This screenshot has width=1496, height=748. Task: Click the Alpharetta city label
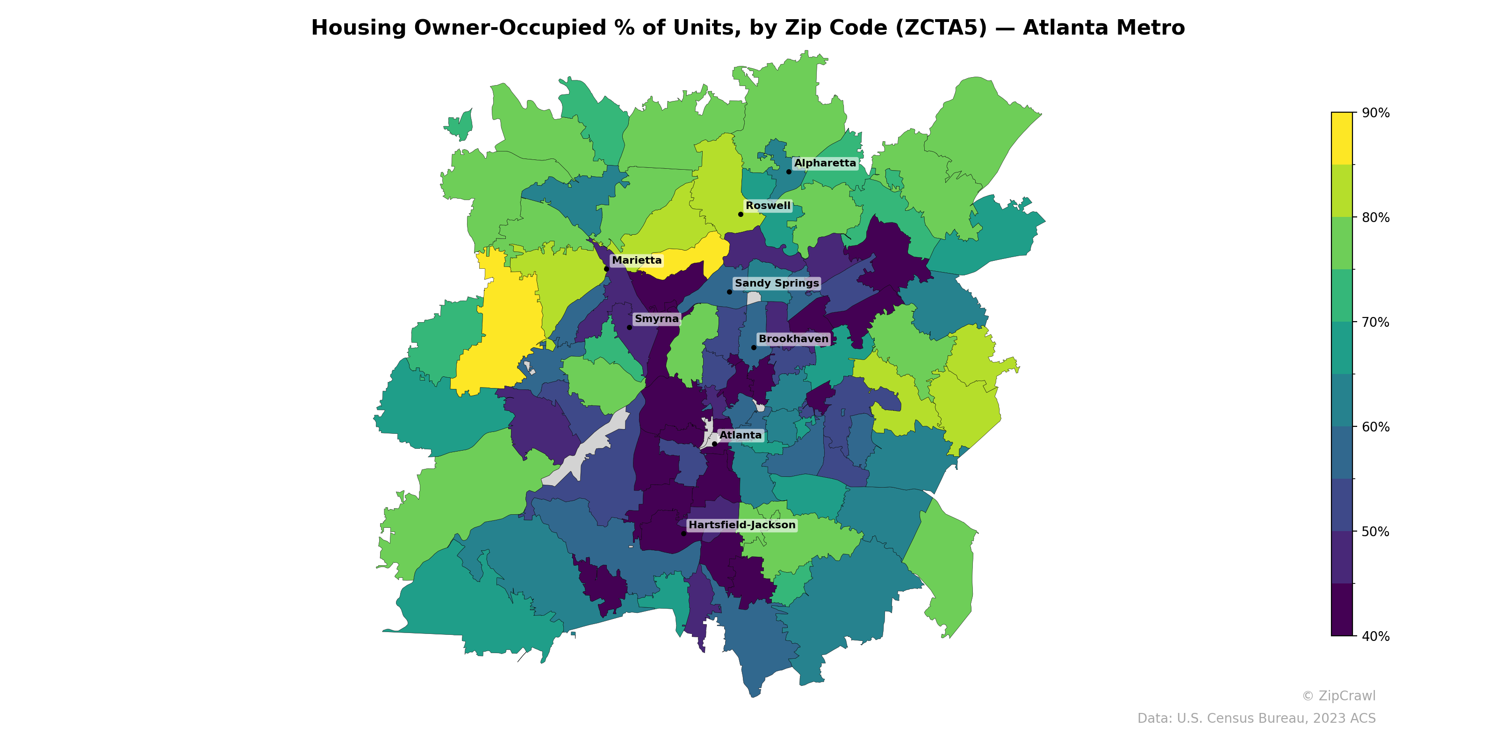825,163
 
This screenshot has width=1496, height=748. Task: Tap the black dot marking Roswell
741,214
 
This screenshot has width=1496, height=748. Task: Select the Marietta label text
636,260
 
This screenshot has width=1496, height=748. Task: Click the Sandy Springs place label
777,283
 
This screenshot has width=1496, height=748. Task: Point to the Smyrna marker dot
629,328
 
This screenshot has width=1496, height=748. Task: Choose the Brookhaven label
793,338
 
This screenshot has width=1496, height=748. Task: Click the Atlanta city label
741,435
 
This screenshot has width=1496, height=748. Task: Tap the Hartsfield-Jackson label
741,525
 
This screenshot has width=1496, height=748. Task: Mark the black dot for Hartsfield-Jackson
683,534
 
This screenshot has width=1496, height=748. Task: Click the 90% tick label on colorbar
1375,113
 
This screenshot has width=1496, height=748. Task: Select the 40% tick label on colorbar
1375,636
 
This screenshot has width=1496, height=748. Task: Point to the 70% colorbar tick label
1375,322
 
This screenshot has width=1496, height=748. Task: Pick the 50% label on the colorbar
1375,532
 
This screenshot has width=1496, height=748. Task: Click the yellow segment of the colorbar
1342,138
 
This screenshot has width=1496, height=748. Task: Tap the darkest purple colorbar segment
1342,610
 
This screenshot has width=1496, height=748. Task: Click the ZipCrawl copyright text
1338,696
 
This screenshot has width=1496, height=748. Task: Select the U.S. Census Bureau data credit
1256,719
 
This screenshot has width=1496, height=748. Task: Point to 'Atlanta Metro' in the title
1103,28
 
